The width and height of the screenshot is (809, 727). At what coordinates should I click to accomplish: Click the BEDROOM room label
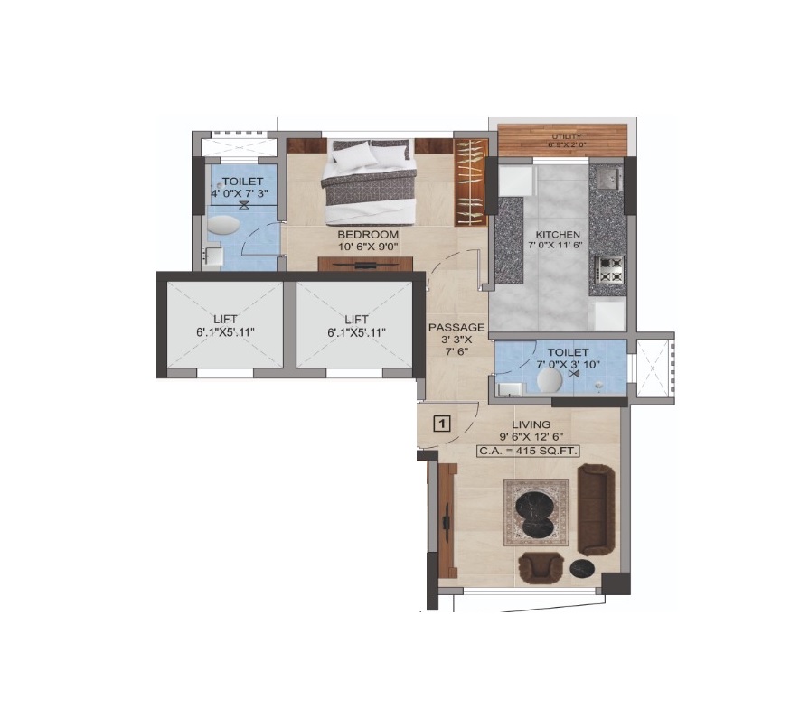click(368, 235)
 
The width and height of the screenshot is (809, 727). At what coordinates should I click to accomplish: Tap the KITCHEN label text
click(558, 235)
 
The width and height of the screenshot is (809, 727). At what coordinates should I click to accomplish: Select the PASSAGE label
click(456, 328)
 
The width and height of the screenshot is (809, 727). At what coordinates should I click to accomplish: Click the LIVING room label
click(531, 424)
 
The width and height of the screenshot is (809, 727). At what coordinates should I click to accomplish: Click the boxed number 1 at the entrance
click(442, 424)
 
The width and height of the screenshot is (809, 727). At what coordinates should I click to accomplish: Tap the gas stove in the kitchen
click(609, 270)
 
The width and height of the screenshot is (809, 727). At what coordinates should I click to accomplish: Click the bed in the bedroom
click(368, 182)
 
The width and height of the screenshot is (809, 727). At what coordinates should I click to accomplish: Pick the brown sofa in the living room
click(596, 510)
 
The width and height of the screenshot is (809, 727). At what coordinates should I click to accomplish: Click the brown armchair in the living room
click(540, 568)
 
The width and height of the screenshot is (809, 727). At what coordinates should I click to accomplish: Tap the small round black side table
click(582, 568)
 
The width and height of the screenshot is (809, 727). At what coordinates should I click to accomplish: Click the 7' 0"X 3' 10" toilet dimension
click(568, 365)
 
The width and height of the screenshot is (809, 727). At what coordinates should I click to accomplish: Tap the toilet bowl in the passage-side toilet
click(550, 381)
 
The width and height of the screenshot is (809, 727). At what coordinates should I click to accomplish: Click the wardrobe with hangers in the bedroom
click(471, 182)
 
